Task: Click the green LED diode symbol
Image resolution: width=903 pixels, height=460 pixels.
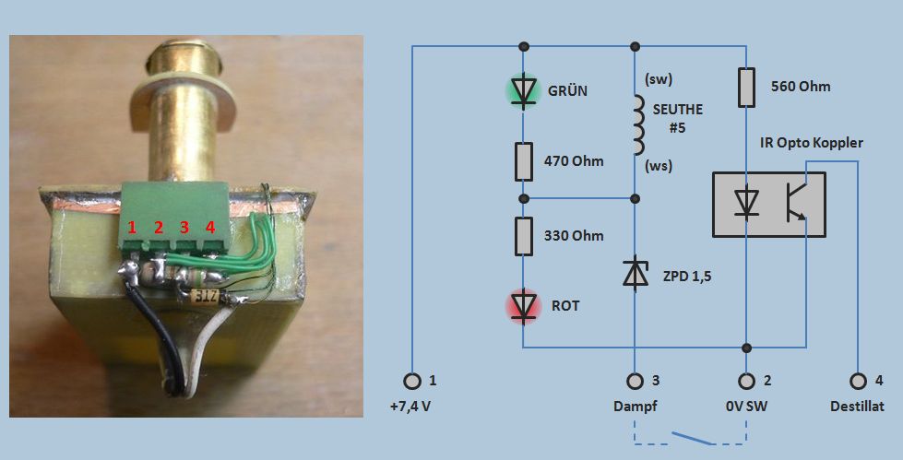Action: (x=524, y=90)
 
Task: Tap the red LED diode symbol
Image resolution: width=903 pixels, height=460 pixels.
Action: (x=524, y=305)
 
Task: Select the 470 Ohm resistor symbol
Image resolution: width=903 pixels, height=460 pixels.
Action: (x=524, y=161)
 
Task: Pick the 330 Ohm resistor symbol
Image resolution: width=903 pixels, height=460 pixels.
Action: (x=524, y=236)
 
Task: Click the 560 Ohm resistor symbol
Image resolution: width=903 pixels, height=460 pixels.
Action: (x=745, y=88)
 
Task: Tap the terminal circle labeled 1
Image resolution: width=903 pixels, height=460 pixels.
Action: (x=412, y=380)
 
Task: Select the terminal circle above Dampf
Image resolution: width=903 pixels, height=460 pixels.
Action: (x=635, y=380)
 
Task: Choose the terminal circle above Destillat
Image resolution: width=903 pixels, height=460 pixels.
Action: (x=859, y=380)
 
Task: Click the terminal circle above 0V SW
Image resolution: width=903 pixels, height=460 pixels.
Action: (x=745, y=380)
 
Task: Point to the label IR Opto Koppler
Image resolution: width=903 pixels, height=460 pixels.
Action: (x=811, y=143)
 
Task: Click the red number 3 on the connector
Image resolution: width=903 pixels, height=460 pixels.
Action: (x=184, y=227)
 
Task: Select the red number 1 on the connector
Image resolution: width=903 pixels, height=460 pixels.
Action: (x=133, y=227)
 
